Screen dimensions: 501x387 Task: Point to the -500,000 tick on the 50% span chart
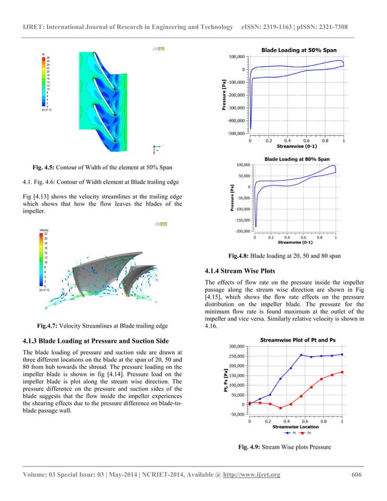tap(237, 133)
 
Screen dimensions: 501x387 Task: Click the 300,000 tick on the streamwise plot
tap(236, 346)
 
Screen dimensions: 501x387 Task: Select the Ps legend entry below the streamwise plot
tap(309, 433)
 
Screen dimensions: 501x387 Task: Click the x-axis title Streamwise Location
tap(295, 427)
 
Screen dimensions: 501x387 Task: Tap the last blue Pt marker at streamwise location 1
tap(342, 354)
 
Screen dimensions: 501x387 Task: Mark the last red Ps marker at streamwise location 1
tap(342, 372)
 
